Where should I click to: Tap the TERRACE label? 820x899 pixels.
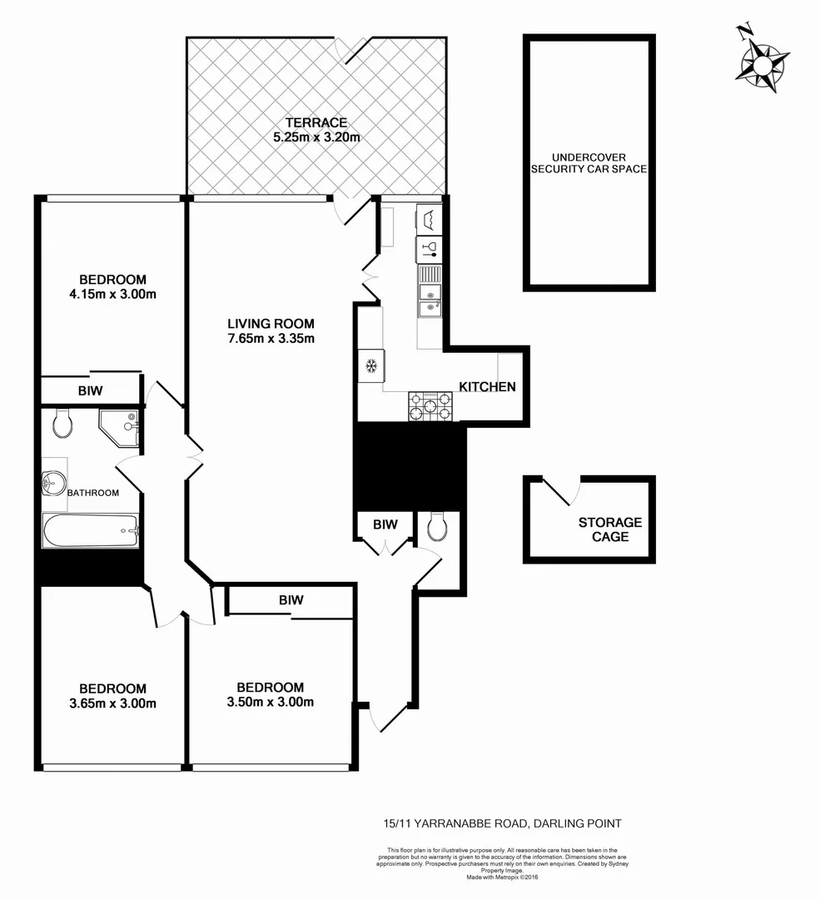316,122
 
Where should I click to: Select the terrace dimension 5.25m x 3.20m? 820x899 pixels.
316,137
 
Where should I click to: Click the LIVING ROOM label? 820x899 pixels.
271,324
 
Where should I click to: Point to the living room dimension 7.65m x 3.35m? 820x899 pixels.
271,339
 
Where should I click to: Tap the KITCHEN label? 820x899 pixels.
488,387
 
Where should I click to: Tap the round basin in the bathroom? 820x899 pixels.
54,482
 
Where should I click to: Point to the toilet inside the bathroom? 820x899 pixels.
62,424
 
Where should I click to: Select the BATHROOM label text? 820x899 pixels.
93,493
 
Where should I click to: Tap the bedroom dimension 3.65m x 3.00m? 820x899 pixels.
112,703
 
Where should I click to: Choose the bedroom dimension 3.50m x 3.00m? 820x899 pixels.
270,703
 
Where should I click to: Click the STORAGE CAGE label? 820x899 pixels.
610,530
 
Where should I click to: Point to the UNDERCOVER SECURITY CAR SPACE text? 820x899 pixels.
589,163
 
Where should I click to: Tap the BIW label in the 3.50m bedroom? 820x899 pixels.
291,600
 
